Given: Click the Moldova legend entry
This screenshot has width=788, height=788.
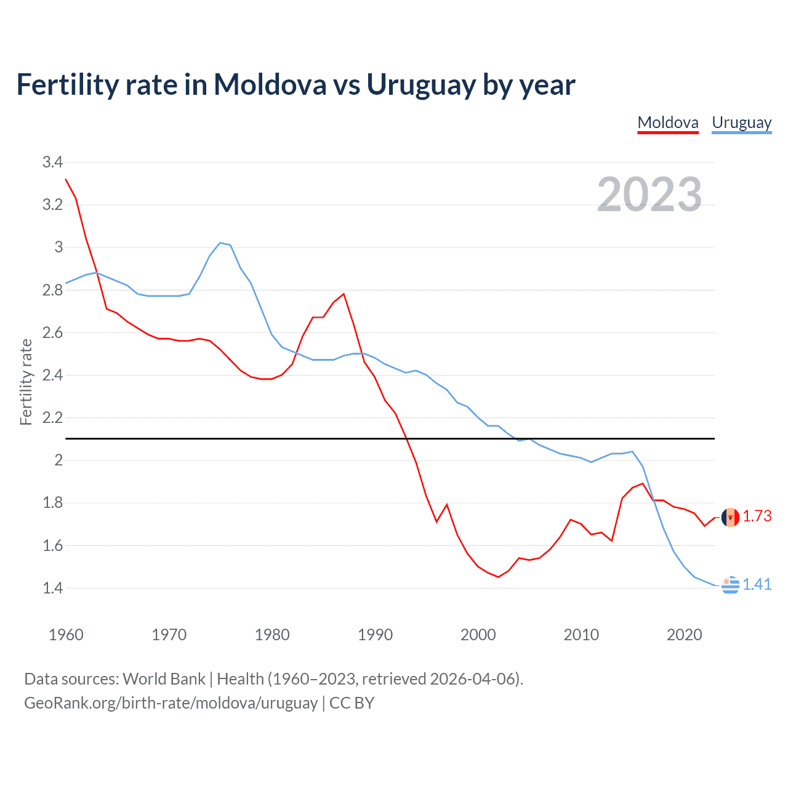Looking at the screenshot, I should pyautogui.click(x=668, y=123).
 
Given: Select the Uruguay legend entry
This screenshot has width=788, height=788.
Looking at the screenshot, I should pyautogui.click(x=741, y=123).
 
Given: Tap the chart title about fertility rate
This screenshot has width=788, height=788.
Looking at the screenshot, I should pyautogui.click(x=295, y=84).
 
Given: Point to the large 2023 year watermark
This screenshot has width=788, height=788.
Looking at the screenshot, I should pyautogui.click(x=649, y=195).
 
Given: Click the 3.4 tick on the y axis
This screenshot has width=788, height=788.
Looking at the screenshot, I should pyautogui.click(x=52, y=163).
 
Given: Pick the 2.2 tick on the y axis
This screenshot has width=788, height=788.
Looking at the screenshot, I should pyautogui.click(x=52, y=418).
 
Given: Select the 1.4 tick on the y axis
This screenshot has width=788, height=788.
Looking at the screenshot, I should pyautogui.click(x=52, y=589).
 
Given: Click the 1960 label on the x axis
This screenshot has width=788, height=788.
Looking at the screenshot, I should pyautogui.click(x=66, y=635).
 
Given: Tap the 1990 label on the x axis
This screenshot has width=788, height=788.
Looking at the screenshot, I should pyautogui.click(x=375, y=635).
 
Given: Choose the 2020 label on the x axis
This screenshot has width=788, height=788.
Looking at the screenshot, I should pyautogui.click(x=684, y=635).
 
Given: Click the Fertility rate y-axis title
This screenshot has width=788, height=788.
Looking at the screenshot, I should pyautogui.click(x=26, y=382).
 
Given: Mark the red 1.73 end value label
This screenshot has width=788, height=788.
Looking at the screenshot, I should pyautogui.click(x=757, y=517).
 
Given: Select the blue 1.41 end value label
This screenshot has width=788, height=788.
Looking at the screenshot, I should pyautogui.click(x=757, y=585).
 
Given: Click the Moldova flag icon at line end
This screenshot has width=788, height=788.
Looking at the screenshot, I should pyautogui.click(x=730, y=517).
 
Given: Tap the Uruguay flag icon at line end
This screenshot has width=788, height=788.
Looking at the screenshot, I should pyautogui.click(x=730, y=585).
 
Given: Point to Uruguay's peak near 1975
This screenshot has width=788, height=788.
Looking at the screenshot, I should pyautogui.click(x=220, y=243).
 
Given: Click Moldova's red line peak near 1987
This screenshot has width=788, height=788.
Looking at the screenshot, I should pyautogui.click(x=344, y=294).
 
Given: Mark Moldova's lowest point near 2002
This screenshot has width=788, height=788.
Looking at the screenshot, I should pyautogui.click(x=498, y=577).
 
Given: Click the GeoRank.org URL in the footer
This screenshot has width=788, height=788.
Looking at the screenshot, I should pyautogui.click(x=171, y=703).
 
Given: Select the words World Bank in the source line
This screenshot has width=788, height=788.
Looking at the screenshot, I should pyautogui.click(x=164, y=679).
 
